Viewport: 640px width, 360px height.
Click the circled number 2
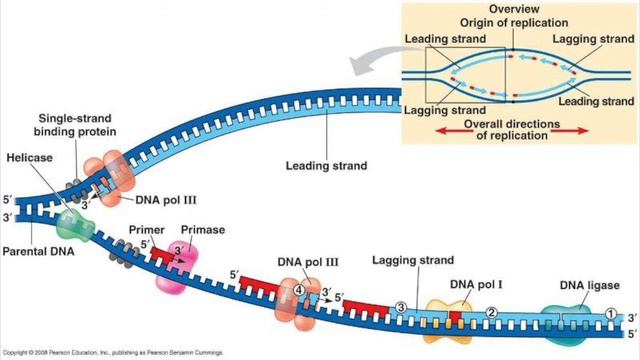coord(491,312)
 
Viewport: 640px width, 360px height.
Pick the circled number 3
coord(401,306)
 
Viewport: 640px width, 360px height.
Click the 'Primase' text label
coord(203,230)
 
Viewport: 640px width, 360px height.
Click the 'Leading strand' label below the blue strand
coord(326,166)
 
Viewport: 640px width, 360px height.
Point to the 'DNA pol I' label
coord(475,284)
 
